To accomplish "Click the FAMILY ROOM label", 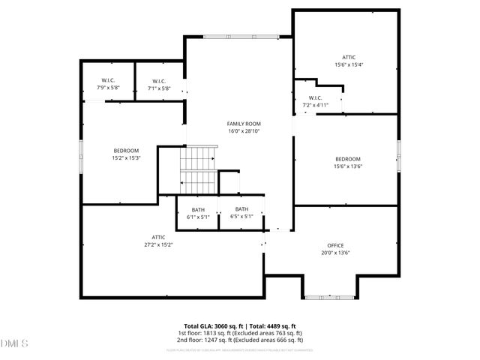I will (x=244, y=124).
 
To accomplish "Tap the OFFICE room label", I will (x=334, y=246).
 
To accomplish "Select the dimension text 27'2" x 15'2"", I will (x=158, y=244).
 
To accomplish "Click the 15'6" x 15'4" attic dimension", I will (x=349, y=65).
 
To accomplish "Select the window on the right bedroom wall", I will (x=399, y=153).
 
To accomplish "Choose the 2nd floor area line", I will (x=240, y=340).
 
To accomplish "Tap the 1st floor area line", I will (x=240, y=333).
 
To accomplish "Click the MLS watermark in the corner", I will (x=13, y=343).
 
